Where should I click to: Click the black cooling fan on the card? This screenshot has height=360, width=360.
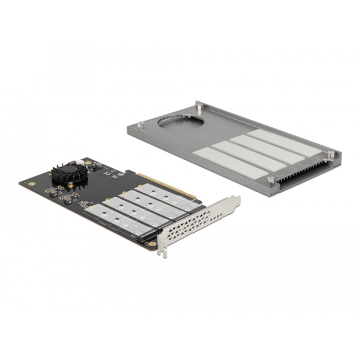(68, 173)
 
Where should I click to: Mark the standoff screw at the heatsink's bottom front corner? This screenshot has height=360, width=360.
(271, 180)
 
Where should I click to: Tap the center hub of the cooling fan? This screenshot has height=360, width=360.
(68, 172)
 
